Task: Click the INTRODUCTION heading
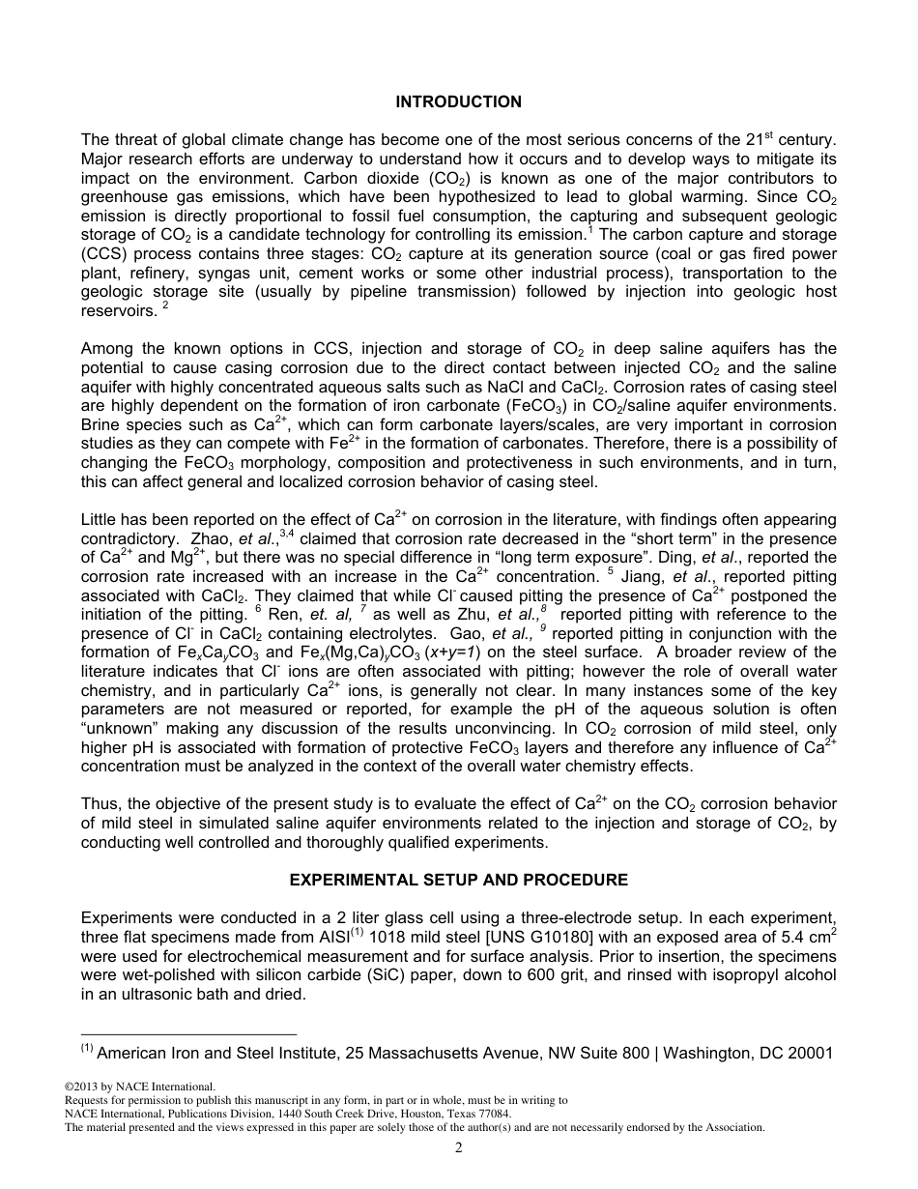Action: pyautogui.click(x=459, y=101)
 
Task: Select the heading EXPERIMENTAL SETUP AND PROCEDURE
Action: pyautogui.click(x=459, y=880)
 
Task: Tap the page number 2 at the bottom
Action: pyautogui.click(x=459, y=1148)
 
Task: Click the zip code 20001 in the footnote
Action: pyautogui.click(x=810, y=1053)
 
